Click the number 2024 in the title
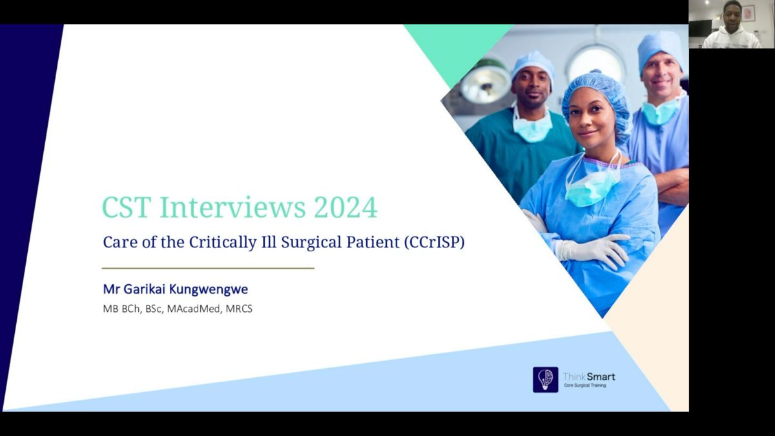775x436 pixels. (x=346, y=207)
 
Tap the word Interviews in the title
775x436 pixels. (x=232, y=207)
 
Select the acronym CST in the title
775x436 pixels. (x=127, y=207)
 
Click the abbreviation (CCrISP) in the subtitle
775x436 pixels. (x=434, y=242)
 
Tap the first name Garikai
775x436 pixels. (x=144, y=289)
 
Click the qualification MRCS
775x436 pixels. (x=239, y=309)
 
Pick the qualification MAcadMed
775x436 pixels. (x=194, y=309)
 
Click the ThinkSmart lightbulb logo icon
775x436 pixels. (x=545, y=380)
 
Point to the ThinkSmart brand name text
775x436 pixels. (x=589, y=377)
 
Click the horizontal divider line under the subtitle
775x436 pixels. (x=208, y=268)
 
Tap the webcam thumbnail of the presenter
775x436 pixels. (x=731, y=25)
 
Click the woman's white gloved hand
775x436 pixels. (x=592, y=251)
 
